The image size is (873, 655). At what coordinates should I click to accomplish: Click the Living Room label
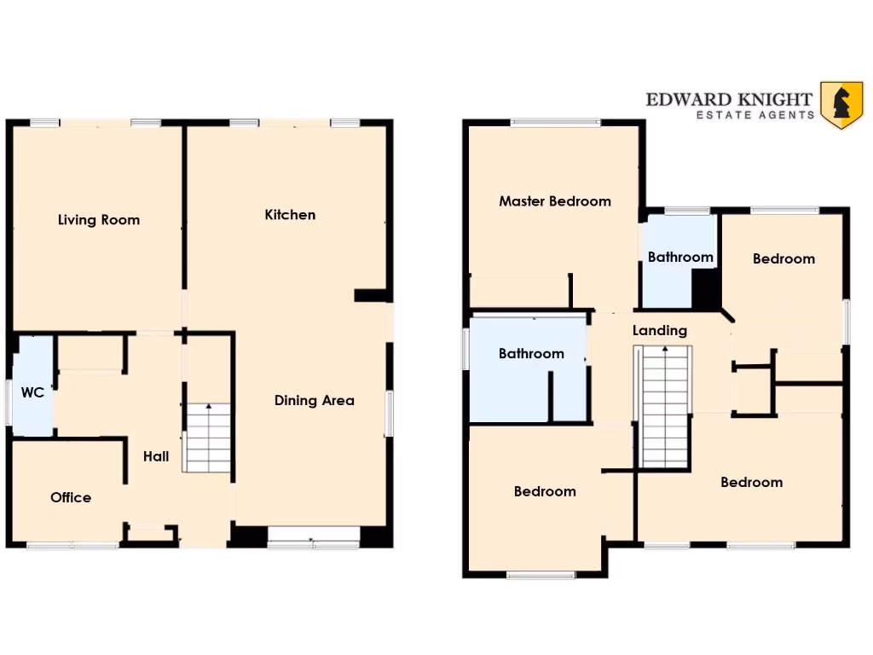(x=99, y=220)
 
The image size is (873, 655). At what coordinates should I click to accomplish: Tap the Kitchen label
(x=290, y=215)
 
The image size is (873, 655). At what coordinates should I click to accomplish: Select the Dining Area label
(x=314, y=400)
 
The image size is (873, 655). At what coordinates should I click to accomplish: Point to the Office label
(x=71, y=497)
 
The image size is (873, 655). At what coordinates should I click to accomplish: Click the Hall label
(x=156, y=456)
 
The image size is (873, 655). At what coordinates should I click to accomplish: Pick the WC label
(x=32, y=392)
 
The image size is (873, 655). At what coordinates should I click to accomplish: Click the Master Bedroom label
(x=555, y=201)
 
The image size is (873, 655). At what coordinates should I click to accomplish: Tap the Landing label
(x=659, y=330)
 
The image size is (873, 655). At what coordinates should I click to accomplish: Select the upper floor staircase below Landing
(x=664, y=407)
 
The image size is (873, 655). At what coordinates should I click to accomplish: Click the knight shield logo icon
(x=841, y=105)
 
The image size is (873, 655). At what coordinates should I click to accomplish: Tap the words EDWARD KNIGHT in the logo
(x=729, y=99)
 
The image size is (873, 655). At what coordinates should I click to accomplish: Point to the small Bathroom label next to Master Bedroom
(x=680, y=257)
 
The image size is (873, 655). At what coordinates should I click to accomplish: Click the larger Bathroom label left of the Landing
(x=531, y=353)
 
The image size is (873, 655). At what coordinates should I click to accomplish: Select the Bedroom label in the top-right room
(x=783, y=258)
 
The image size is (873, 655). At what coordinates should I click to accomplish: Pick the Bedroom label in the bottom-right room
(x=751, y=482)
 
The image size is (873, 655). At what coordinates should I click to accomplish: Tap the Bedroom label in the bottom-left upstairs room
(x=545, y=491)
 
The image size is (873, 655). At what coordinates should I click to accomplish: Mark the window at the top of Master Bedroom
(x=555, y=123)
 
